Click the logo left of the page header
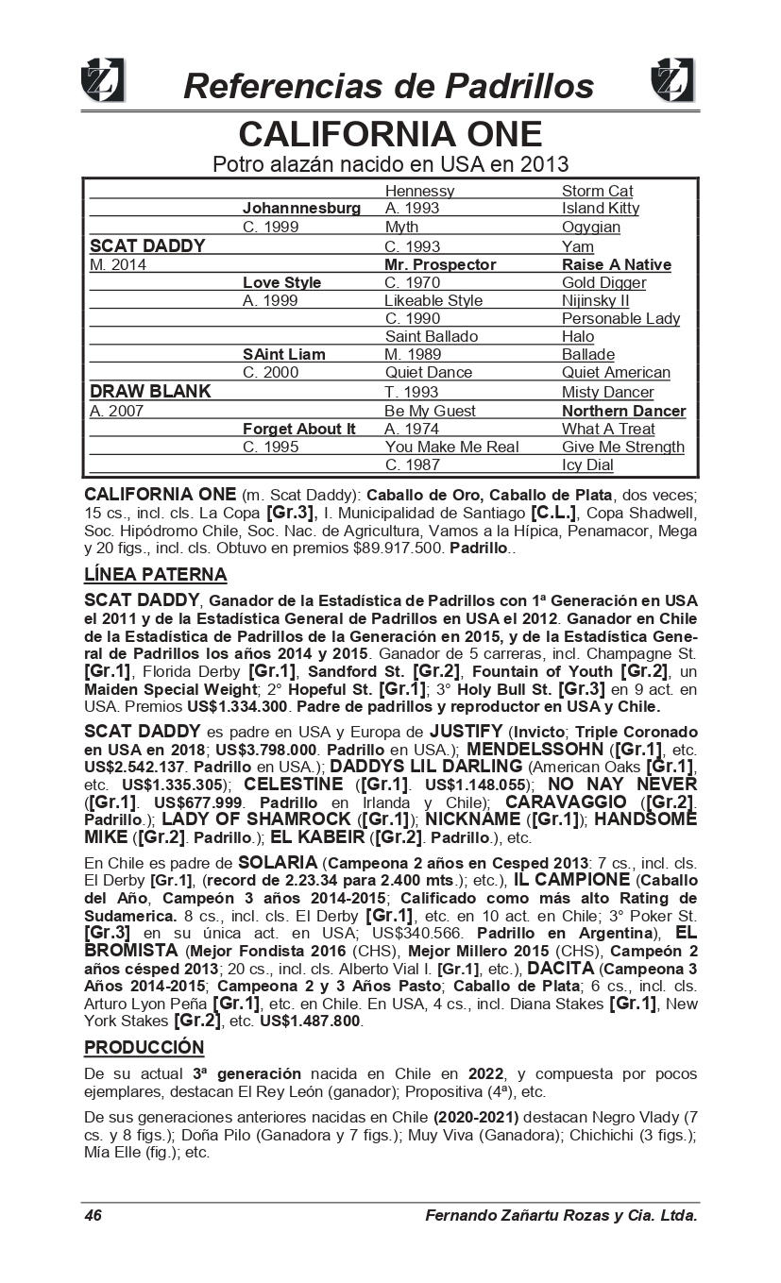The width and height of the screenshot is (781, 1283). (x=103, y=80)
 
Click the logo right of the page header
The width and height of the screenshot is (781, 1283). (x=672, y=80)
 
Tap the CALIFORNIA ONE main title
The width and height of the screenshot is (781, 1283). (x=390, y=133)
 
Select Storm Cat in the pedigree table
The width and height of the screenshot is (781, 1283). (x=597, y=192)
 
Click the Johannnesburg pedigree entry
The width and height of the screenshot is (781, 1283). (x=301, y=208)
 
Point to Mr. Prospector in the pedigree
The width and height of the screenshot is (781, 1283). (x=440, y=264)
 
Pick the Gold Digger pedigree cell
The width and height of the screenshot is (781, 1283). (x=603, y=282)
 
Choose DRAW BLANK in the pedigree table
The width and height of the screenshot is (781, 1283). (x=150, y=391)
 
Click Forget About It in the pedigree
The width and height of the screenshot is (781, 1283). (x=299, y=429)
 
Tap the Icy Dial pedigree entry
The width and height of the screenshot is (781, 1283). (x=587, y=464)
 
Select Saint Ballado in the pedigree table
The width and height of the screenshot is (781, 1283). (x=432, y=336)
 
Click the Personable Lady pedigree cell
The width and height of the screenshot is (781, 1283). (x=620, y=318)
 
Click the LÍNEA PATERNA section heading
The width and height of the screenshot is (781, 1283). (x=156, y=574)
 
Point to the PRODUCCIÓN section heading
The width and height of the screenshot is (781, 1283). (x=144, y=1047)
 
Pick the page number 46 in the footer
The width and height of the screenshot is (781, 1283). (x=93, y=1215)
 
